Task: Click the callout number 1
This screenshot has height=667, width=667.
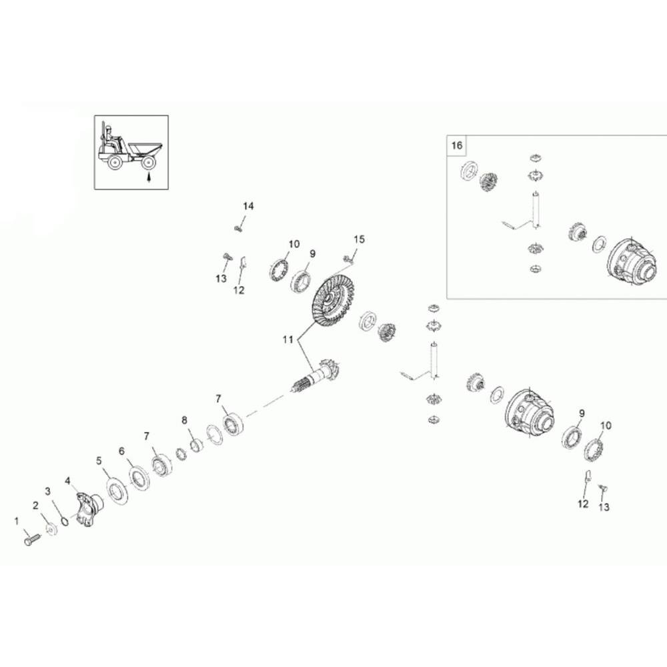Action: point(17,521)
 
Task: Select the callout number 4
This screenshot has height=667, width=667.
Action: point(67,481)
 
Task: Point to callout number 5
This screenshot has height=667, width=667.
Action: point(99,460)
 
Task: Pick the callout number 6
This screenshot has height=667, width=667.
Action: point(121,451)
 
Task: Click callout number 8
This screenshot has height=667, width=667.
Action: point(184,420)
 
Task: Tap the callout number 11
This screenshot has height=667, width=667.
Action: point(288,339)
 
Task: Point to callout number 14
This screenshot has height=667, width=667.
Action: point(248,206)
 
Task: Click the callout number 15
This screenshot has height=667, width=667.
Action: point(360,239)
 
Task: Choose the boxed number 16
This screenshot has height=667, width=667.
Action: point(456,145)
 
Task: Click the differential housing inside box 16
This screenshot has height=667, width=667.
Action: point(630,261)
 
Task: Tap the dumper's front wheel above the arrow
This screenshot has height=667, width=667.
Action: point(149,163)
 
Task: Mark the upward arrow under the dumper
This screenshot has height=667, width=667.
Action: point(149,175)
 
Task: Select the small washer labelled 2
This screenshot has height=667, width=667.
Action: point(51,529)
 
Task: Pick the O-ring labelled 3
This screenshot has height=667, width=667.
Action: point(64,521)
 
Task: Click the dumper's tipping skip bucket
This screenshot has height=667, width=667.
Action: point(145,150)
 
